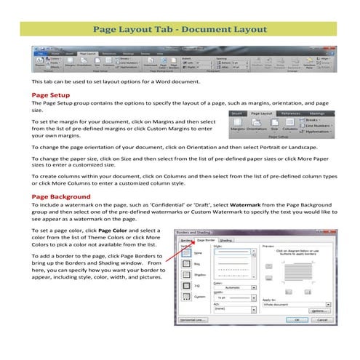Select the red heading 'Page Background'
point(62,196)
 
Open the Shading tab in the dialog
point(225,239)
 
